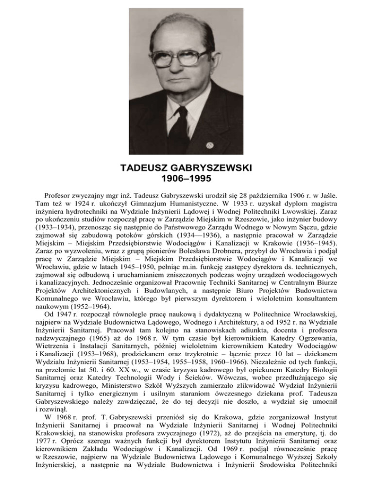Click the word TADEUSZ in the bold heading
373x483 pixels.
tap(144, 168)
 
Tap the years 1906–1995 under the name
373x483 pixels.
tap(186, 179)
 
